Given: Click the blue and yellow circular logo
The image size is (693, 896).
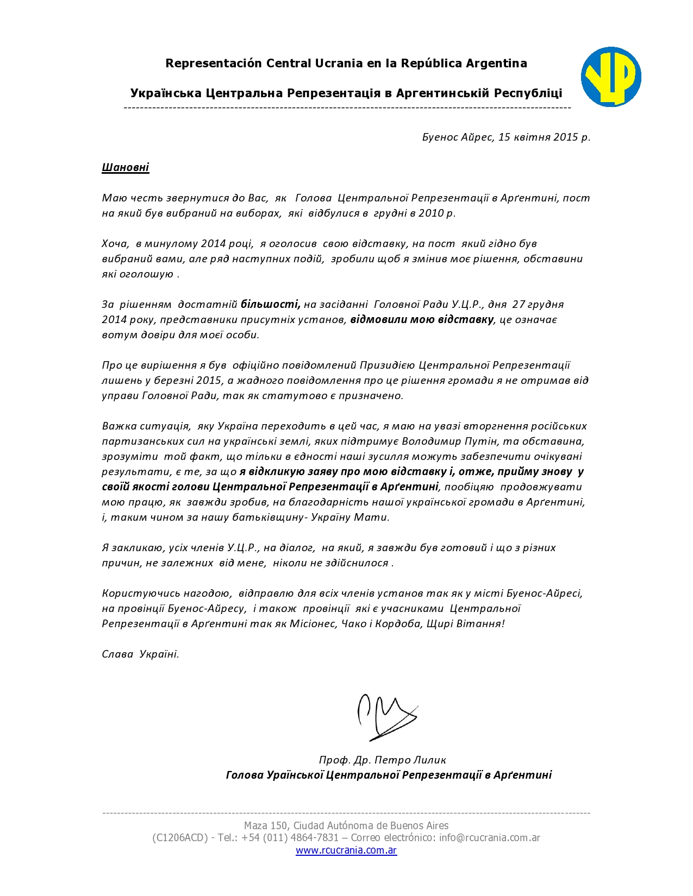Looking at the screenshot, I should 611,77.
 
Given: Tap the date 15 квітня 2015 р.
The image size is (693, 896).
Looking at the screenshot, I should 544,137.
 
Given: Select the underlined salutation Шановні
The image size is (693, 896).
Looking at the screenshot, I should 126,167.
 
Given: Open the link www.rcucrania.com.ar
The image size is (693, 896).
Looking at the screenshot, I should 346,850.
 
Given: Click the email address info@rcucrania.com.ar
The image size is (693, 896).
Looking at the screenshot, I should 490,837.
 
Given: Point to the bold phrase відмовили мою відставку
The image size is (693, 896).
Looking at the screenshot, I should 422,319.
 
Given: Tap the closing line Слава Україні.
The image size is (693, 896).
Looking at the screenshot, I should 140,654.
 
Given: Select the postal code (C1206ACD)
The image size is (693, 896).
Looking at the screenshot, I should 180,837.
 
